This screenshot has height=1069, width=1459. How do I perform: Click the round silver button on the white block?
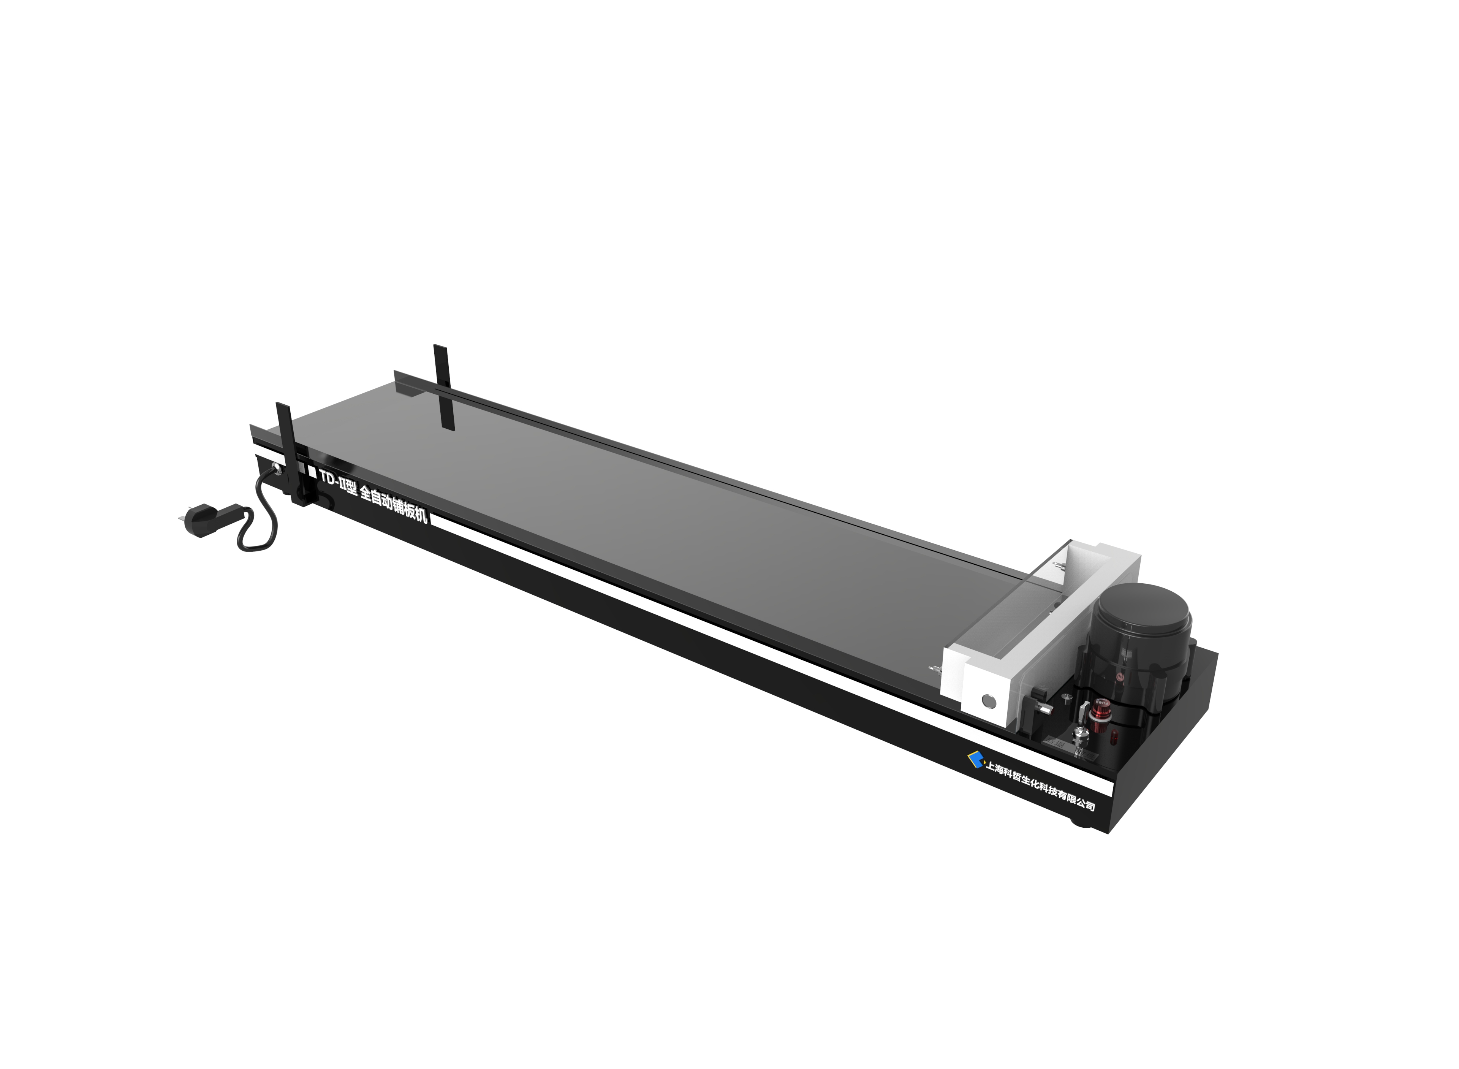click(x=988, y=700)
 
